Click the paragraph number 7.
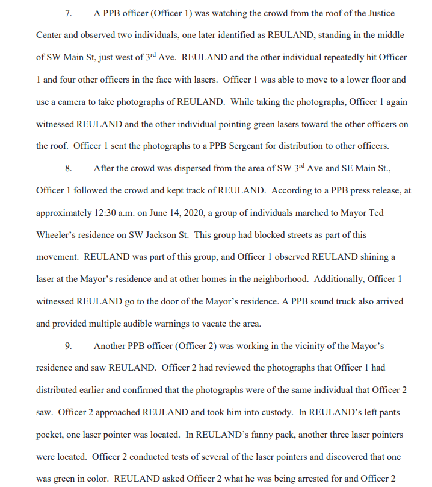tap(69, 13)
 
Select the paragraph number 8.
tap(69, 168)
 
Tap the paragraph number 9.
tap(69, 346)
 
